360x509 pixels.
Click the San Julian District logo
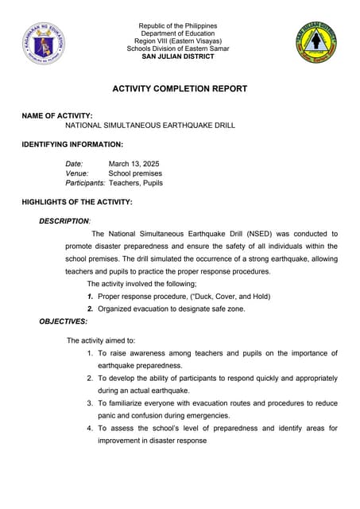click(316, 42)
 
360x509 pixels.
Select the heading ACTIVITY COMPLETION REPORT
click(179, 89)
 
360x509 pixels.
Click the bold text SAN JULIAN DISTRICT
click(180, 56)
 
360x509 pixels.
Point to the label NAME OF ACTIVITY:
click(57, 116)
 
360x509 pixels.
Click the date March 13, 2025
click(134, 164)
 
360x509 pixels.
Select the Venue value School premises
click(135, 173)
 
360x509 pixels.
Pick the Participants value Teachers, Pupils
click(136, 183)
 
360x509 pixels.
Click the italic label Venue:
click(77, 173)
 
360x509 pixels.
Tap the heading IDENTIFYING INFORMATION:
click(72, 145)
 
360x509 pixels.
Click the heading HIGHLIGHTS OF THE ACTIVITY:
click(77, 203)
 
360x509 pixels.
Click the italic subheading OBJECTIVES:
click(64, 321)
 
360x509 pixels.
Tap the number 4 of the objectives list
click(90, 429)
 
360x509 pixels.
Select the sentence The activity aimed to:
click(101, 340)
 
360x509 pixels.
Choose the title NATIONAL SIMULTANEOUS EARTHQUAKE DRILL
click(150, 126)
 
